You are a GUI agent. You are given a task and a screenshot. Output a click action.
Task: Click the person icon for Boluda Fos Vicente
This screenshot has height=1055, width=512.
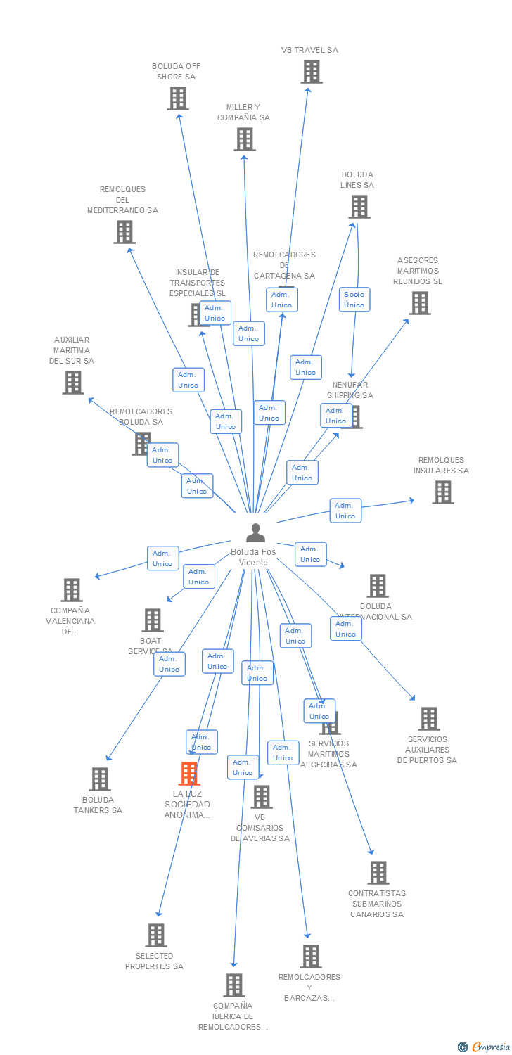click(255, 533)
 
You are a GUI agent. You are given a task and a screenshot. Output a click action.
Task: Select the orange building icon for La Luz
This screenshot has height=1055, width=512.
click(189, 774)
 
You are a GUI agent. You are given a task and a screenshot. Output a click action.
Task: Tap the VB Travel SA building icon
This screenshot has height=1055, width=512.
click(311, 72)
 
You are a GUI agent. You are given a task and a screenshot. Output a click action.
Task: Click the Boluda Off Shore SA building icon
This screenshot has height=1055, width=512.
click(178, 98)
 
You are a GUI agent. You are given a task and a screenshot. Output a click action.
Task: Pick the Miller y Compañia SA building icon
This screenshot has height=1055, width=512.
click(245, 139)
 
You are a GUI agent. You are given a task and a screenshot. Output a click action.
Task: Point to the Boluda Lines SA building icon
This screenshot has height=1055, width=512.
click(359, 207)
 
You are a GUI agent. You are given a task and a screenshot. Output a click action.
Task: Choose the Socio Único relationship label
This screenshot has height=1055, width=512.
click(354, 300)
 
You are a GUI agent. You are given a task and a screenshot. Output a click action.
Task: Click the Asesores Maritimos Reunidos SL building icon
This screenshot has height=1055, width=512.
click(420, 303)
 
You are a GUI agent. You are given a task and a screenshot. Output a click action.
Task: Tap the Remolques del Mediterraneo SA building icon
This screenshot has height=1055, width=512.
click(124, 232)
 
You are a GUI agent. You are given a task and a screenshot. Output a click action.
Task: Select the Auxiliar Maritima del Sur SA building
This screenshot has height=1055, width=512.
click(73, 383)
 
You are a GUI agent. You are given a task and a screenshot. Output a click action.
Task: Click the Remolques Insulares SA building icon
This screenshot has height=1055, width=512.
click(443, 492)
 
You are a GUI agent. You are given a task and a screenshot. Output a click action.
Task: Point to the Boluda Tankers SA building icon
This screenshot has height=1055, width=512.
click(100, 779)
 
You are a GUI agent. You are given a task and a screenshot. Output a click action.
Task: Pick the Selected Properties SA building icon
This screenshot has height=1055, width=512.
click(156, 935)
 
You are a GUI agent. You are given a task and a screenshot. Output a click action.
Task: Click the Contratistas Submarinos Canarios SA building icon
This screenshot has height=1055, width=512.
click(378, 873)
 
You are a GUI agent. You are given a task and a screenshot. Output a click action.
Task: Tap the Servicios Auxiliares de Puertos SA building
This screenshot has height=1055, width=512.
click(429, 719)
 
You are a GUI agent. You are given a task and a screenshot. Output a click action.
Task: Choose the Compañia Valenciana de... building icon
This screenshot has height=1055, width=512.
click(72, 590)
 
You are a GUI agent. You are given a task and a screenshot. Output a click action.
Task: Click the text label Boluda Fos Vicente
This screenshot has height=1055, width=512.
click(253, 557)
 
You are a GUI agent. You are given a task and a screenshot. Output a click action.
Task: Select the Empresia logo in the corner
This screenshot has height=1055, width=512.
click(485, 1047)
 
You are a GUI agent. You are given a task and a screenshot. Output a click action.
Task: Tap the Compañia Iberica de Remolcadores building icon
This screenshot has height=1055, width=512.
click(234, 985)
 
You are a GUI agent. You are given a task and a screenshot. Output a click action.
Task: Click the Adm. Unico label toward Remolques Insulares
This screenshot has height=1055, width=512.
click(345, 511)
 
